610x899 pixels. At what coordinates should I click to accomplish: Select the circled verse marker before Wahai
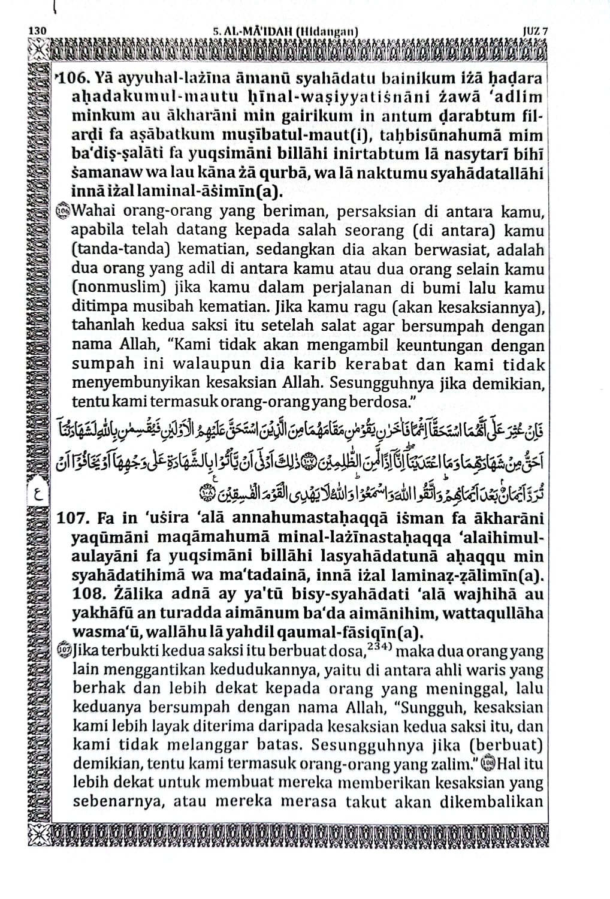tap(62, 213)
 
